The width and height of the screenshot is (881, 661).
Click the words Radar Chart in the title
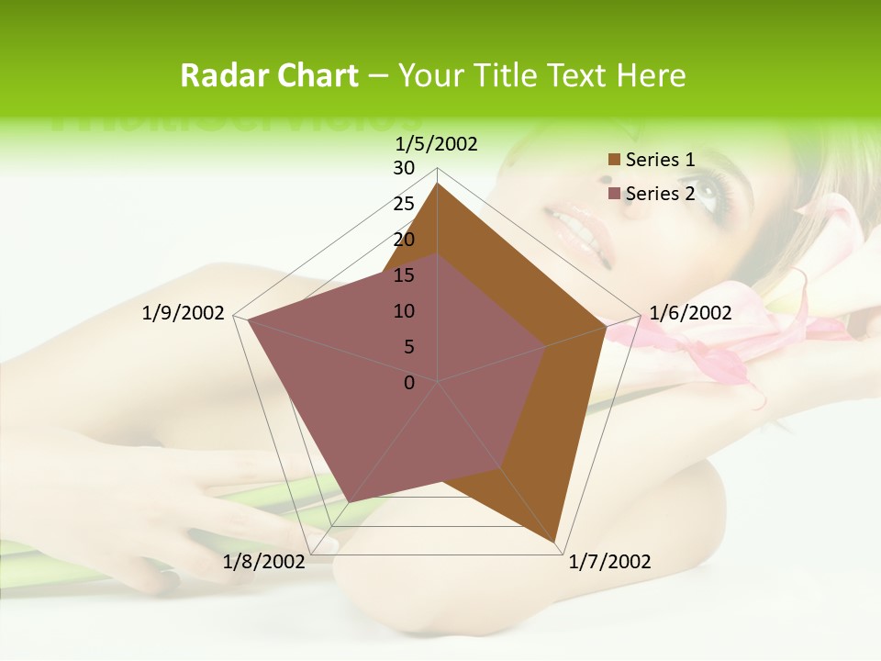[269, 75]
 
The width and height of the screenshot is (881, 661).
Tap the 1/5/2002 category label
[437, 143]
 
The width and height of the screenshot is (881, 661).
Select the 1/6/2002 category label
[690, 313]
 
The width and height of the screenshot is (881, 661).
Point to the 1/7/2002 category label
[609, 562]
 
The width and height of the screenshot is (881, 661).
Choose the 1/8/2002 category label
[264, 562]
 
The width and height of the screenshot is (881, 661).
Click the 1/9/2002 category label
[184, 313]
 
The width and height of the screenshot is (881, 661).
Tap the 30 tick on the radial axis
[404, 168]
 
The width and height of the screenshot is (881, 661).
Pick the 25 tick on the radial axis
[404, 204]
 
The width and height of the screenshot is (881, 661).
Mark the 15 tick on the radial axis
[404, 275]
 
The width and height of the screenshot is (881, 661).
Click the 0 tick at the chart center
[409, 382]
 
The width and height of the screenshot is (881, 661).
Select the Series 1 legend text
[660, 160]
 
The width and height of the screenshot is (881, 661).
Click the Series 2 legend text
[660, 194]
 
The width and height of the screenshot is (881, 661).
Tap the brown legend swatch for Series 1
[614, 161]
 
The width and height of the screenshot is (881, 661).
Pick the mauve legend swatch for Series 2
[614, 194]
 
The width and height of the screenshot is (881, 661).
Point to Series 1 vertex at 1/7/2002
[555, 543]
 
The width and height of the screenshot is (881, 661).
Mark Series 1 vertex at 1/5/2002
[437, 184]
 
